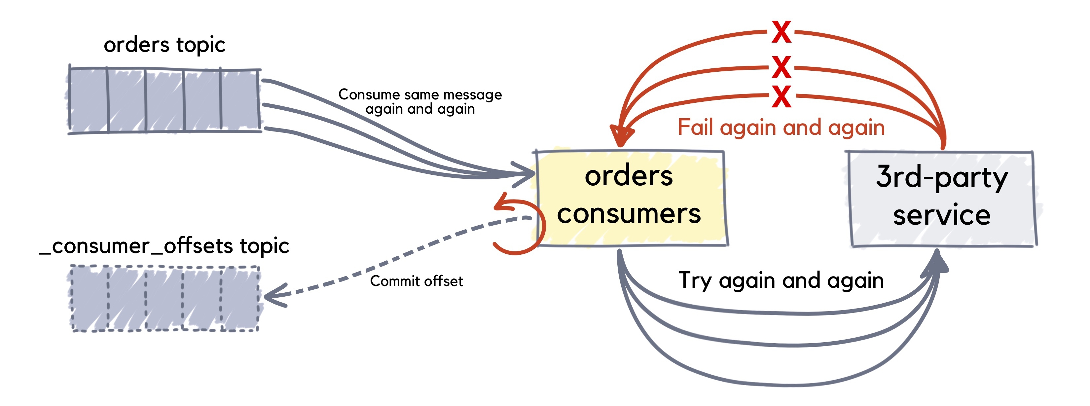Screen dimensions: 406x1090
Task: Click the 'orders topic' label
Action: [x=164, y=45]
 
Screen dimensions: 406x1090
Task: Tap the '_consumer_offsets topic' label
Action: [x=164, y=246]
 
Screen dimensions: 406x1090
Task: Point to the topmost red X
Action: [x=781, y=32]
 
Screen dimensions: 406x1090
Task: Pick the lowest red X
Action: [x=781, y=96]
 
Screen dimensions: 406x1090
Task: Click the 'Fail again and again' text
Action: [x=781, y=128]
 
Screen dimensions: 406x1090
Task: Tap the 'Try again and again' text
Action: [x=781, y=280]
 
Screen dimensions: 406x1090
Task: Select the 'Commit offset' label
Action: [x=417, y=281]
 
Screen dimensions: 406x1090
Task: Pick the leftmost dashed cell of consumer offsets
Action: [x=89, y=298]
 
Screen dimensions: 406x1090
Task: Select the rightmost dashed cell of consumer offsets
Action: [x=240, y=298]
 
